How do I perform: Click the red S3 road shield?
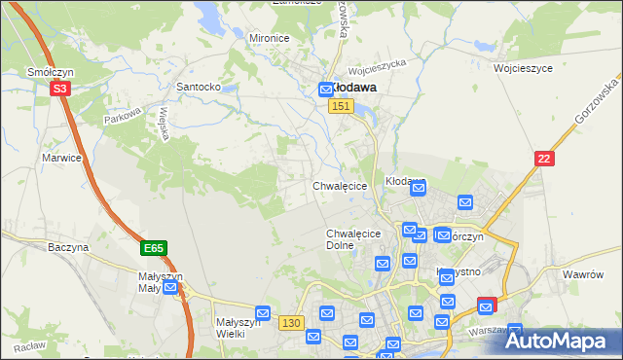tap(60, 88)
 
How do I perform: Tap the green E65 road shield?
tap(153, 249)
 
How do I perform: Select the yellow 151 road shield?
tap(339, 106)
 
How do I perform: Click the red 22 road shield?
tap(545, 159)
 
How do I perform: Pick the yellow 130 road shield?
tap(289, 322)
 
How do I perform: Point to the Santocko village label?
tap(199, 87)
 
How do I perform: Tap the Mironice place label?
tap(270, 38)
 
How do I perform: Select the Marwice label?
tap(60, 157)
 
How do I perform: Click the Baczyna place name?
tap(68, 248)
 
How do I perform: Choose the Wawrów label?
tap(584, 274)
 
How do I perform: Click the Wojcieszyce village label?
tap(523, 69)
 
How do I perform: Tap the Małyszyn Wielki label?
tap(237, 327)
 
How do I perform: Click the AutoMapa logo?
tap(559, 341)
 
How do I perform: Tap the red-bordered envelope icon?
tap(486, 306)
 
